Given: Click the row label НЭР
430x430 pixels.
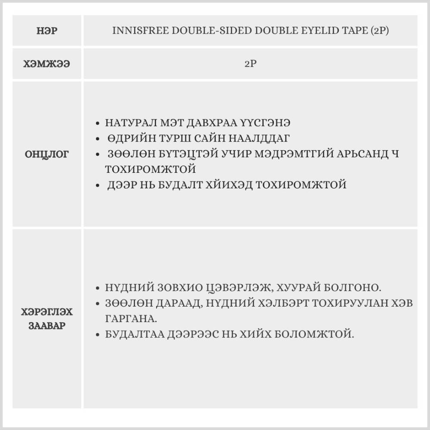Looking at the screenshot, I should coord(47,31).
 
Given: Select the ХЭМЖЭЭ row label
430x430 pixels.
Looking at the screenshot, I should coord(47,64).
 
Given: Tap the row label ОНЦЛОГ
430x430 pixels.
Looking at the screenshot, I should coord(47,154).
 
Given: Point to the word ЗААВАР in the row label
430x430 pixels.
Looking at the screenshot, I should coord(47,325).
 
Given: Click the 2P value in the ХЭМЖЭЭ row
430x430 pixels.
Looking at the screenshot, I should coord(250,64).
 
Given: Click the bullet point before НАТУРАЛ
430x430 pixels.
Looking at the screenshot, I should coord(98,123).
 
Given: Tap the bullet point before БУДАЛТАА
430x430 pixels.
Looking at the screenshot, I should coord(98,335).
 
